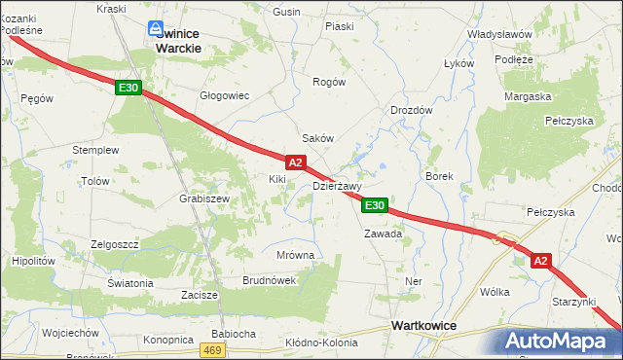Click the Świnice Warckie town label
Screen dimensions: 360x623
tap(179, 39)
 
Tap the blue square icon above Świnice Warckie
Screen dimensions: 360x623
tap(155, 30)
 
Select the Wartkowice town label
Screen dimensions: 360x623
tap(425, 326)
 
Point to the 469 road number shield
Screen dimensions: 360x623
tap(214, 349)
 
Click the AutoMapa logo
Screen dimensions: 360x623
tap(559, 341)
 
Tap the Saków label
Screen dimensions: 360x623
tap(318, 138)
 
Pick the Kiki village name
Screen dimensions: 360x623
tap(277, 180)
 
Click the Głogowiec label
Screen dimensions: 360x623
tap(225, 95)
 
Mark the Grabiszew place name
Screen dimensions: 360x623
tap(203, 198)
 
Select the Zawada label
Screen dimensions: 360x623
tap(383, 234)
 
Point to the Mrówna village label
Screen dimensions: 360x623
tap(295, 255)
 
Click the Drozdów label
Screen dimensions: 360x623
tap(412, 111)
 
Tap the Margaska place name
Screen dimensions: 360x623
tap(529, 96)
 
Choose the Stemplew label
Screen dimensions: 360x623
tap(95, 151)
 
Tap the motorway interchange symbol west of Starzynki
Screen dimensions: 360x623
tap(505, 237)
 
